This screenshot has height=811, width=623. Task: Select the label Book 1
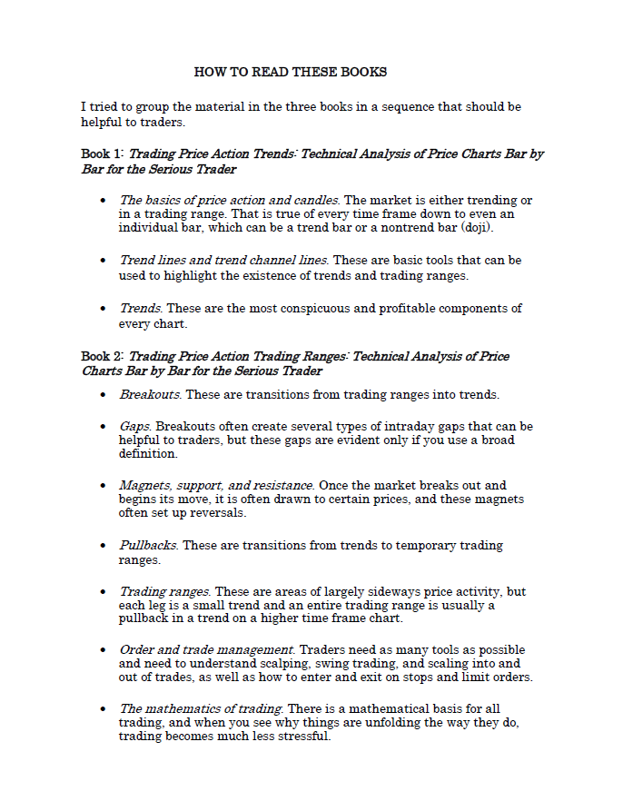click(x=102, y=154)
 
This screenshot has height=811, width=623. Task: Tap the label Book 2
click(x=102, y=357)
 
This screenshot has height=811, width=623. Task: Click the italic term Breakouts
click(x=150, y=395)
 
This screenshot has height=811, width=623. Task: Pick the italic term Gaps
click(x=134, y=426)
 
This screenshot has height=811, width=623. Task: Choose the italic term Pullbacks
click(x=149, y=546)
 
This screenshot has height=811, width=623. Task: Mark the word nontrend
click(x=366, y=227)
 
